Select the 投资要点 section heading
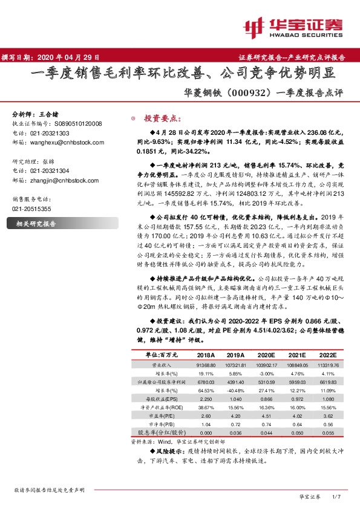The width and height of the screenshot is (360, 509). coord(159,118)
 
